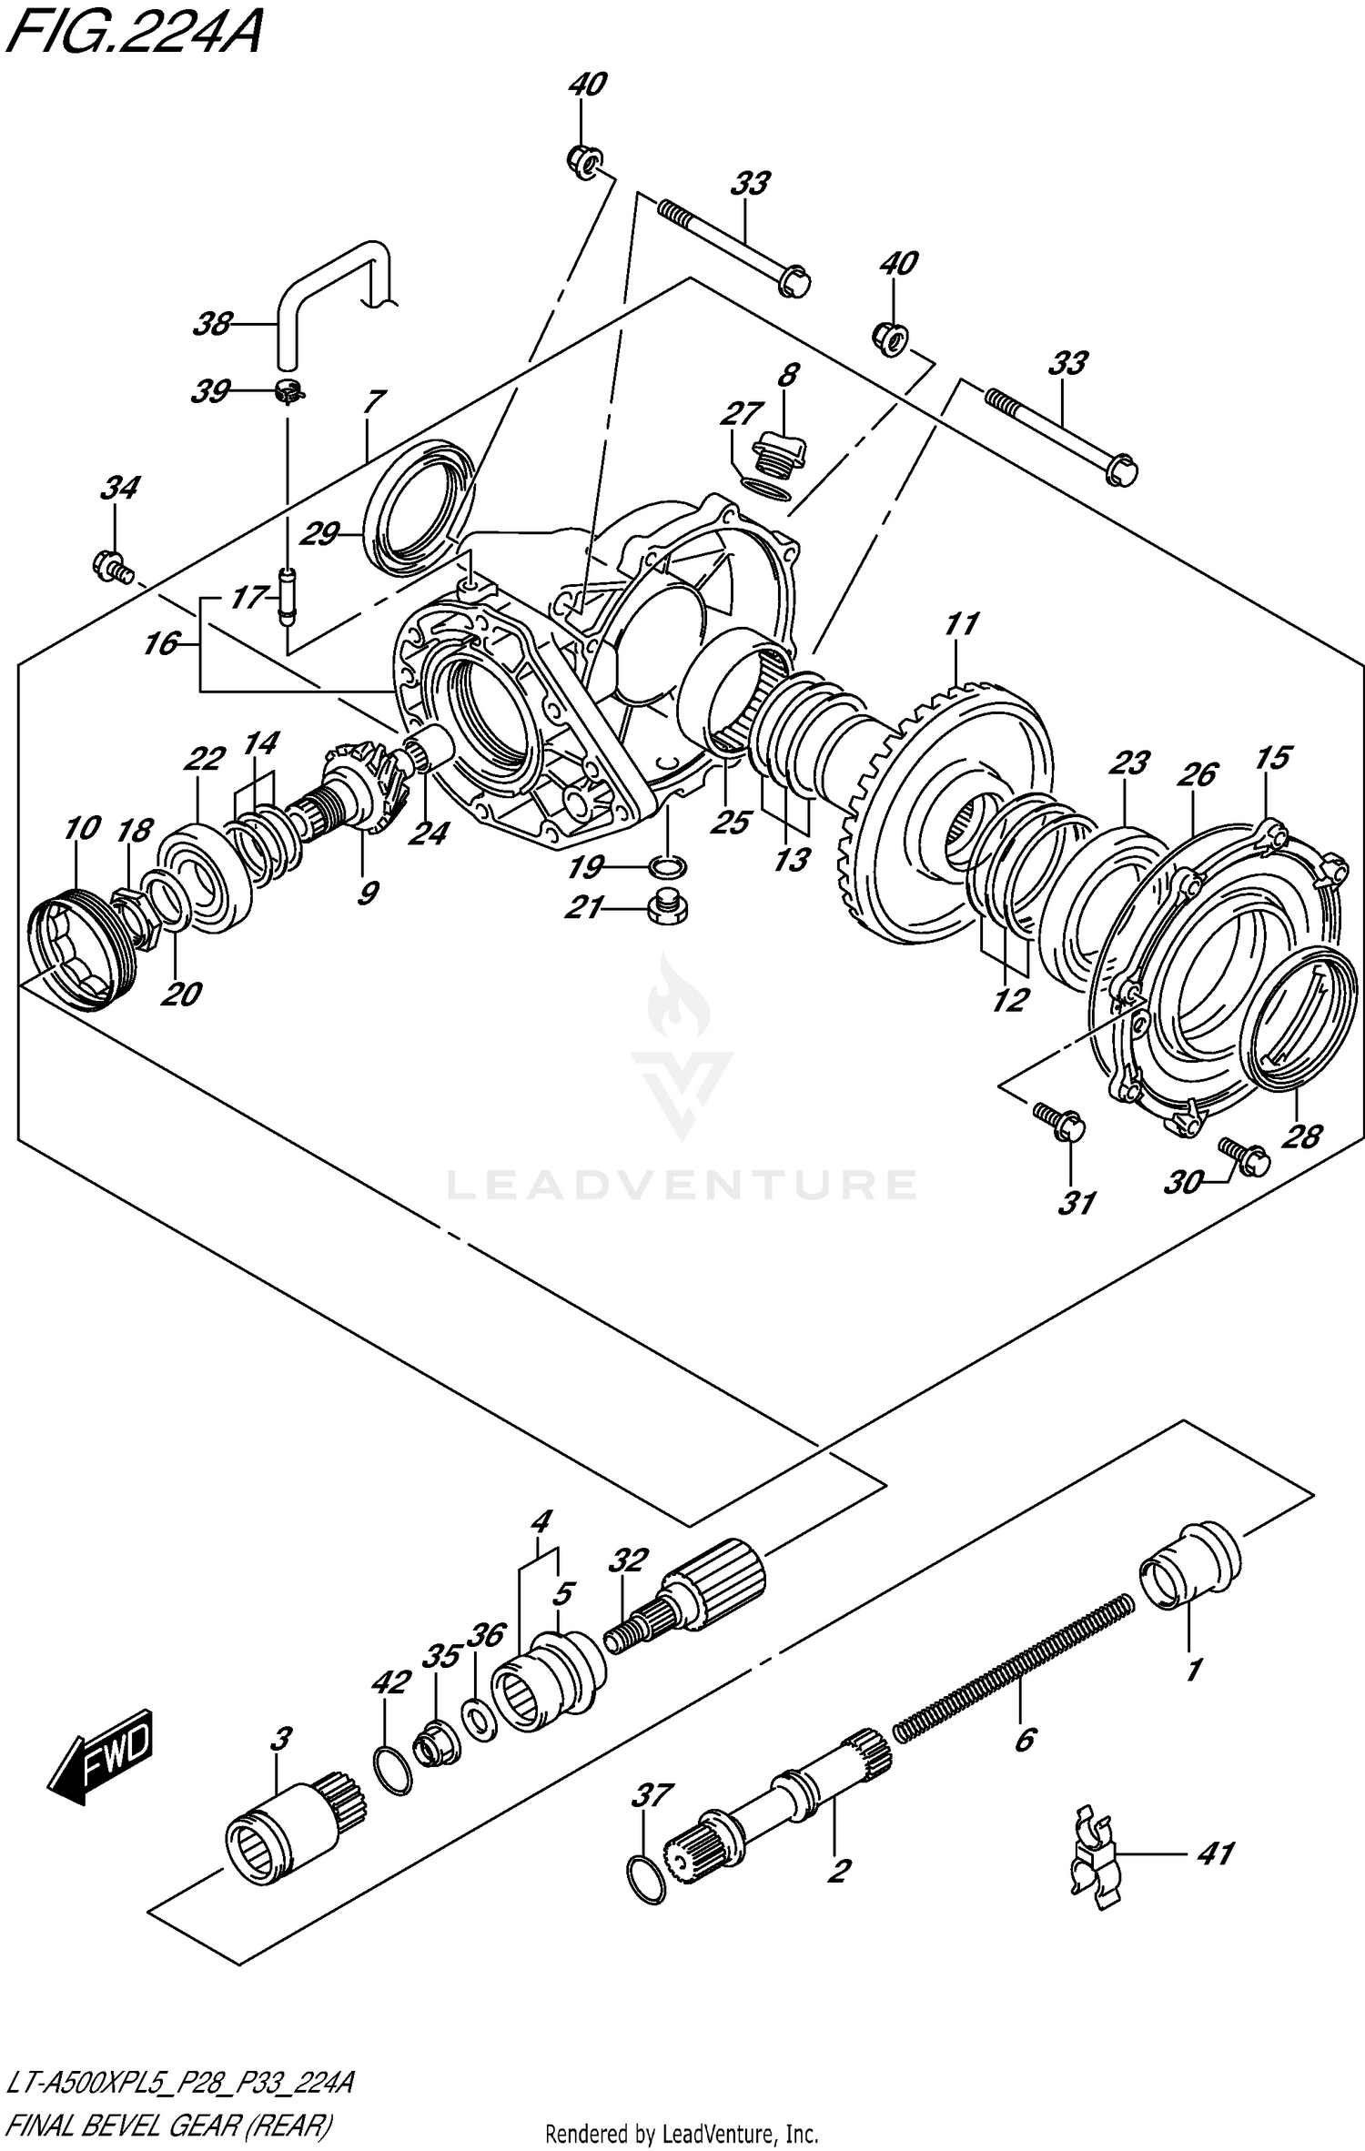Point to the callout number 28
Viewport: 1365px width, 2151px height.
tap(1300, 1136)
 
